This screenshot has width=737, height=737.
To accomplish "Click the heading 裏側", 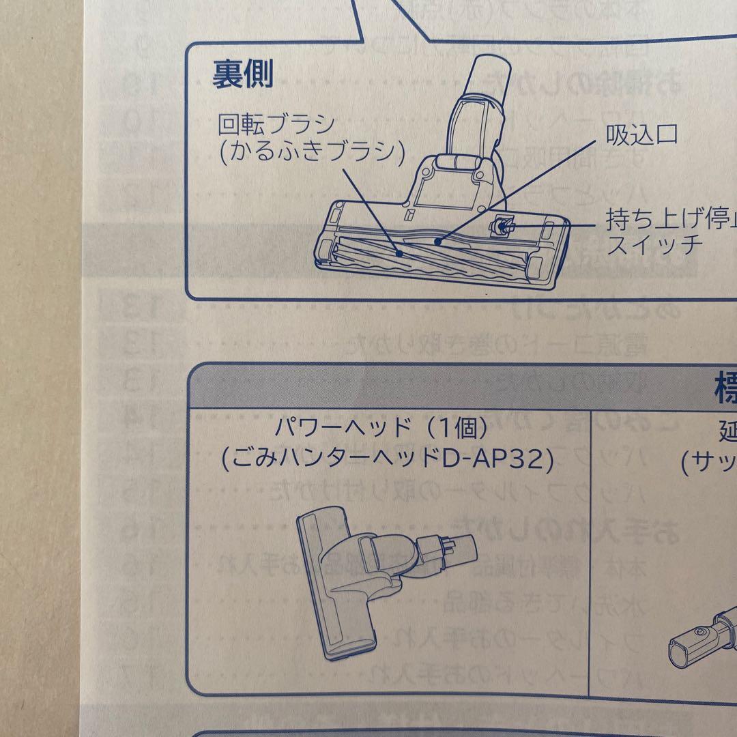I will click(242, 74).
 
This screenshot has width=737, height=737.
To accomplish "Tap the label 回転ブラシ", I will click(276, 124).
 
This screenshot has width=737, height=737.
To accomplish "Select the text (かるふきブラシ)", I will click(308, 151).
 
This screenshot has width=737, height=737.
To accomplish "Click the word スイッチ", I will click(654, 244).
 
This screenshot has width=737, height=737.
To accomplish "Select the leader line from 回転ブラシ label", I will click(369, 205).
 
